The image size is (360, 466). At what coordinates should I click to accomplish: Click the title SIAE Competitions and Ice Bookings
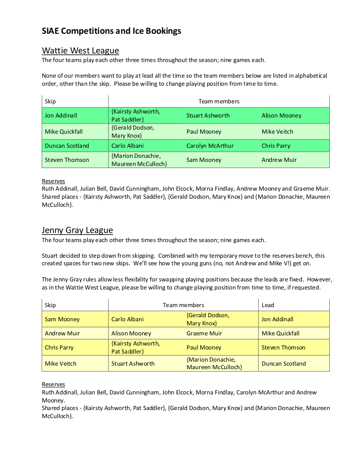point(111,31)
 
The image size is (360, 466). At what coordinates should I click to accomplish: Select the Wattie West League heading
point(80,50)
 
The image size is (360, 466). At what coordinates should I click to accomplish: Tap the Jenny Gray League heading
point(77,230)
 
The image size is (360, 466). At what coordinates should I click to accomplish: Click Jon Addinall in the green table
point(61,115)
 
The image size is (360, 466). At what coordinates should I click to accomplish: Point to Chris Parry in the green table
point(276,146)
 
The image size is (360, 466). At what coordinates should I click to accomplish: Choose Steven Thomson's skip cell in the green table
point(67,160)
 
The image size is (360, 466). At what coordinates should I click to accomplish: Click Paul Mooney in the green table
point(204,132)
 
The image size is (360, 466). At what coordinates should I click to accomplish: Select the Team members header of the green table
point(219,101)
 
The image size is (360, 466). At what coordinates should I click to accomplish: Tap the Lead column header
point(268,305)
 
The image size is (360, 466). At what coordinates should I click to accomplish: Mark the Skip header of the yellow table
point(50,305)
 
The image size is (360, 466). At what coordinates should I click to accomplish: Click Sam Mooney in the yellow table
point(62,319)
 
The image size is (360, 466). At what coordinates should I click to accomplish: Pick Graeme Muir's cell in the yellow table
point(204,333)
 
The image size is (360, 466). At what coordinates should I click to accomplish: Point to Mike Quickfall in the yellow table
point(280,333)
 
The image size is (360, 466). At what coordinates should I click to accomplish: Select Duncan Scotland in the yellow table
point(283,364)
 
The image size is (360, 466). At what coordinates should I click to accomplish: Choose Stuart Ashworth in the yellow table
point(133,364)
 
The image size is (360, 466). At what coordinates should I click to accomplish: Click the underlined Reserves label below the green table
point(53,181)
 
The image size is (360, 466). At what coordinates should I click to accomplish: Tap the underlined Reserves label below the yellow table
point(53,384)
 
